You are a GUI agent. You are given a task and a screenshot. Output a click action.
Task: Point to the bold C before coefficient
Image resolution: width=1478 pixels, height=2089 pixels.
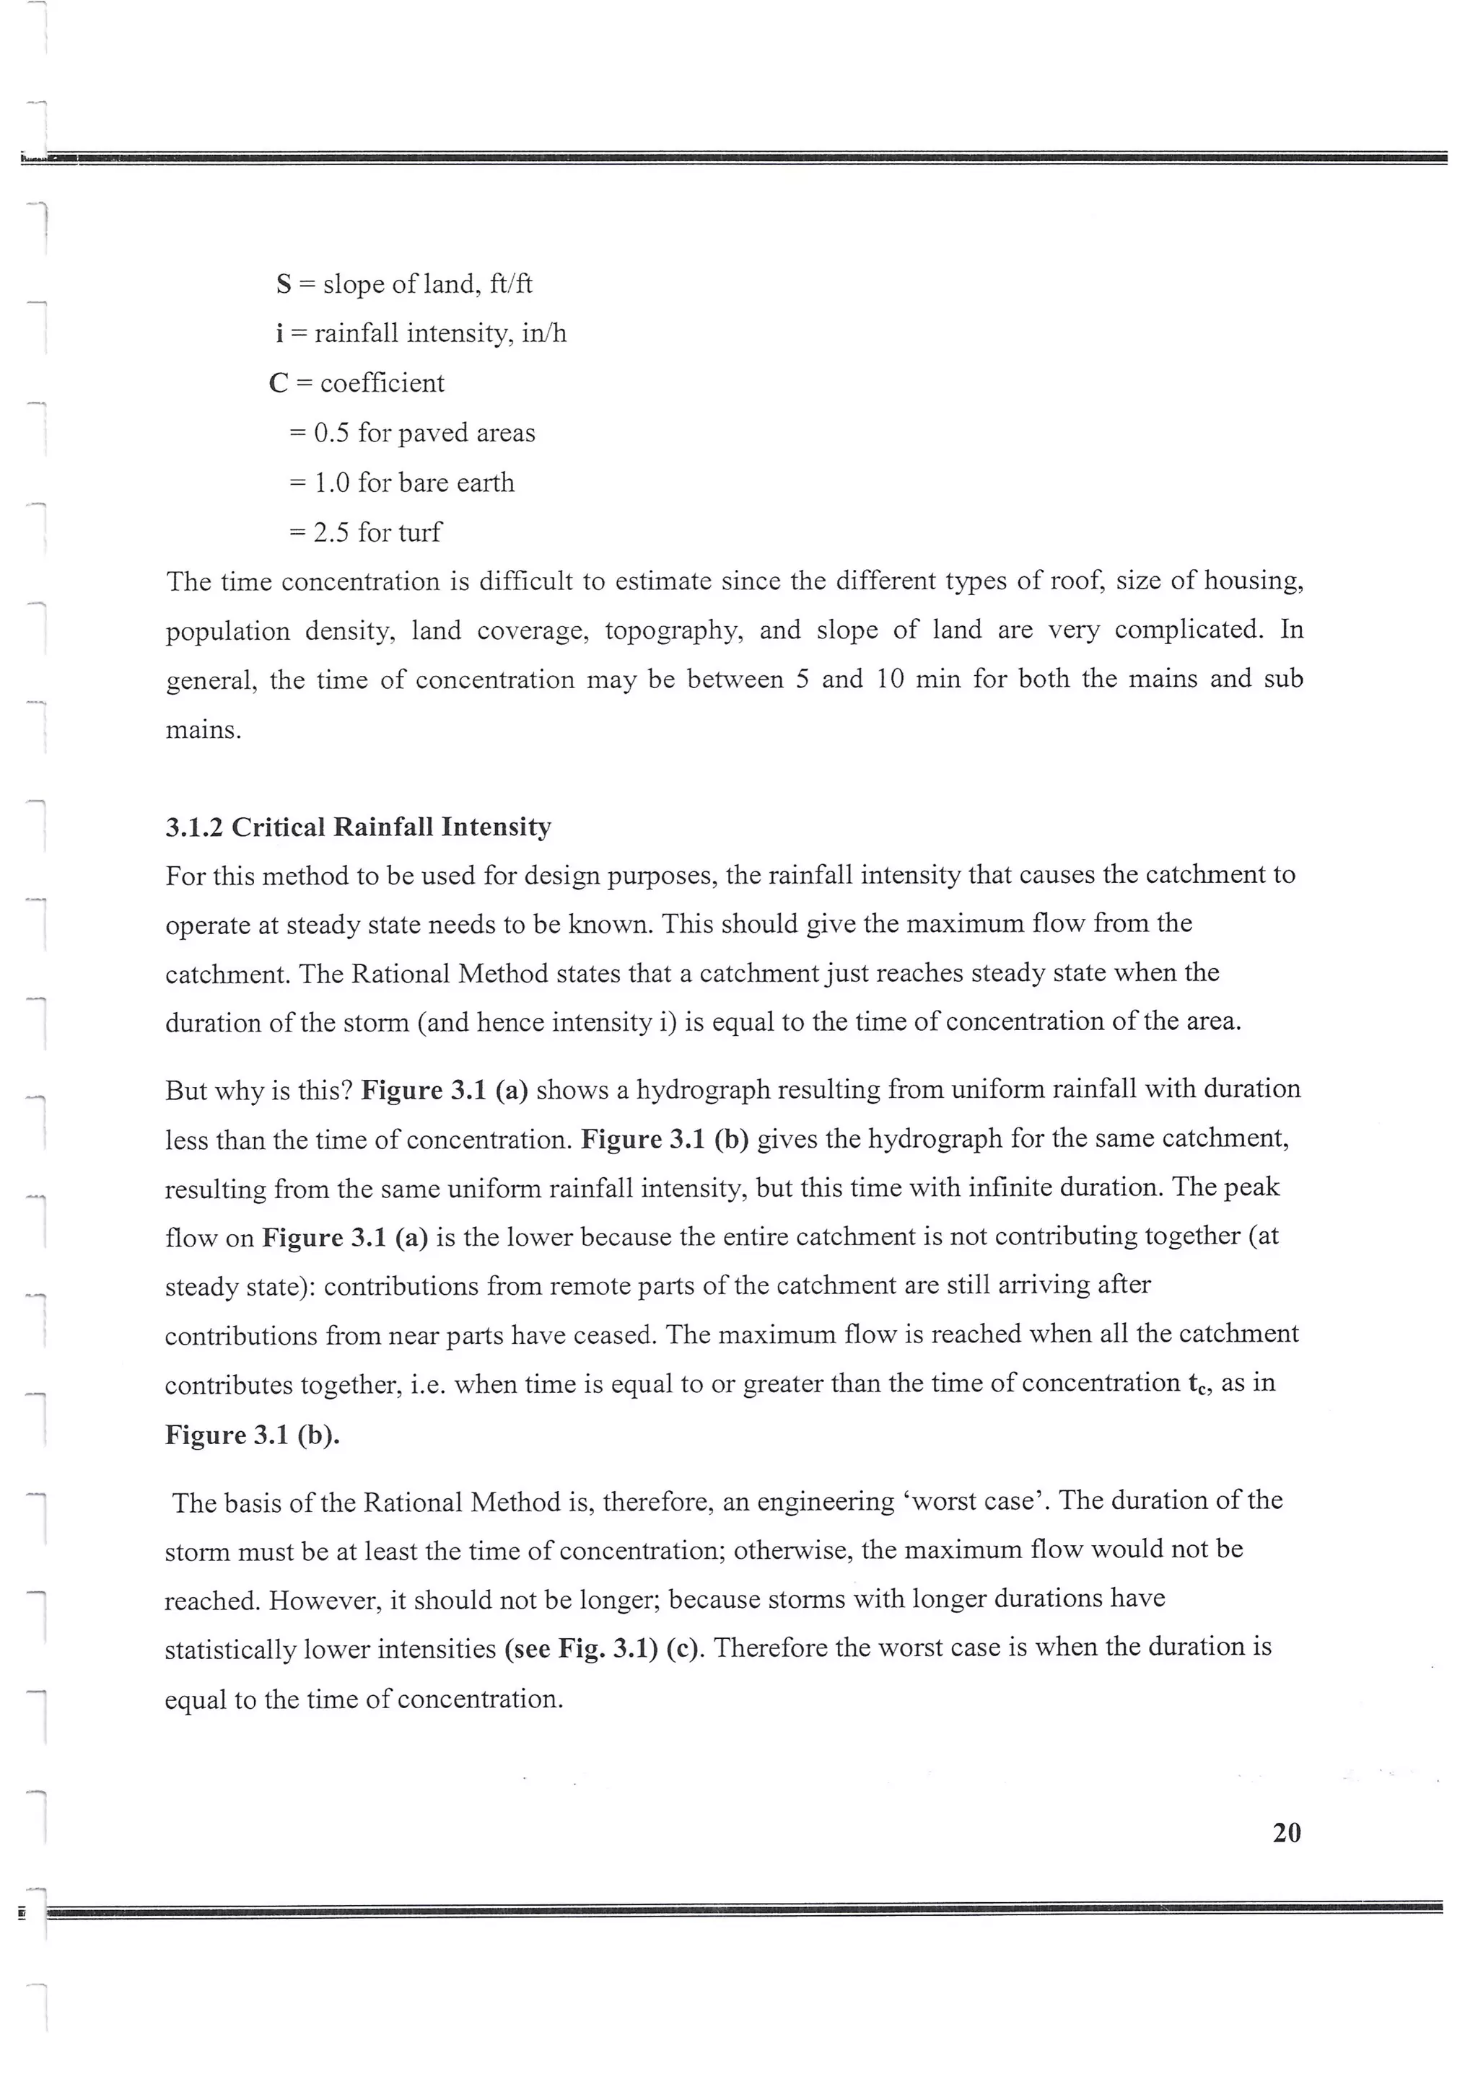(279, 383)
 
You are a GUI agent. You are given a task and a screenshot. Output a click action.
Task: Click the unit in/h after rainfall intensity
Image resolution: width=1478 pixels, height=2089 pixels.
(544, 334)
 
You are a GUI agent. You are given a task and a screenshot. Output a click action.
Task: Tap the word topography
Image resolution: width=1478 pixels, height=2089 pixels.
(673, 630)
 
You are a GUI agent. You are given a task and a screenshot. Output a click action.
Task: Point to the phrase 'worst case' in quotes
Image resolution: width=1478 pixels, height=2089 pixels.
(980, 1500)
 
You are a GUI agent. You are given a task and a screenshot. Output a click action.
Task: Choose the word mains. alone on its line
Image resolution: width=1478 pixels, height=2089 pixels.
(204, 730)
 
